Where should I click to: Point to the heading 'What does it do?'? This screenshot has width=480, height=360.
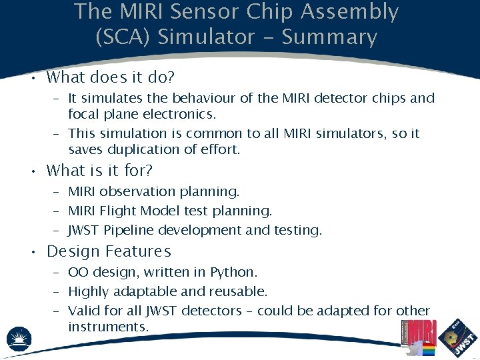pyautogui.click(x=111, y=77)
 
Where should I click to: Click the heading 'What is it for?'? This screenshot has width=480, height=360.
pyautogui.click(x=99, y=171)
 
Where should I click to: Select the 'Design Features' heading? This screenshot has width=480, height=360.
pyautogui.click(x=109, y=252)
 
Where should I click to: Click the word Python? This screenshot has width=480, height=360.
pyautogui.click(x=233, y=273)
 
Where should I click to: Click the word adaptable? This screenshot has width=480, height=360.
pyautogui.click(x=144, y=292)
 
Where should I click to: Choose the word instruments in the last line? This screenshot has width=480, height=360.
pyautogui.click(x=107, y=327)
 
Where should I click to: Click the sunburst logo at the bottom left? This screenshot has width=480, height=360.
pyautogui.click(x=19, y=339)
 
